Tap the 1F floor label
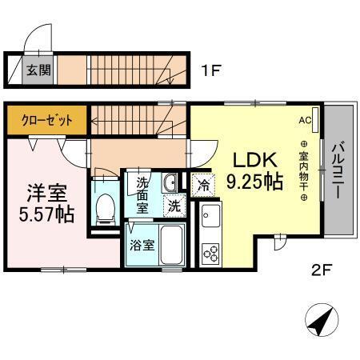point(210,70)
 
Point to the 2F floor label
point(321,269)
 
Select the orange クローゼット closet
point(47,120)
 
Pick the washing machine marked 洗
point(174,206)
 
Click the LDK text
point(250,159)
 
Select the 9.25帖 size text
point(254,182)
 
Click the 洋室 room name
point(46,193)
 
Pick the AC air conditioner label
point(304,121)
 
